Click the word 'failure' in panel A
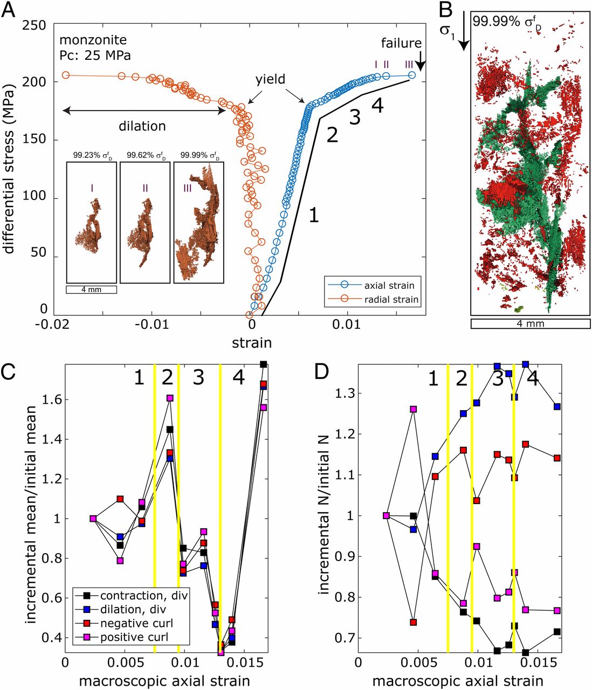point(401,43)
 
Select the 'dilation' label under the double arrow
point(142,126)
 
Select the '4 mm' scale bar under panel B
point(531,323)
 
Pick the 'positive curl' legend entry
point(134,637)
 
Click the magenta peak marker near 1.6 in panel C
point(170,398)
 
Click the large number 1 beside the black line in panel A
point(313,216)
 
